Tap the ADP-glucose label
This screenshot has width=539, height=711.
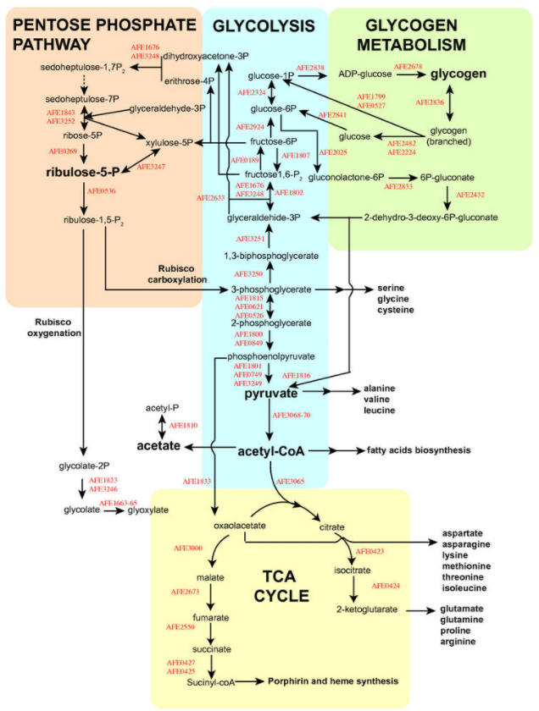pyautogui.click(x=364, y=74)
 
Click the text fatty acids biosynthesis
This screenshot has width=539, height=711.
pyautogui.click(x=418, y=450)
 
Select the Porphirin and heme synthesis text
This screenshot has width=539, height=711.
pyautogui.click(x=333, y=681)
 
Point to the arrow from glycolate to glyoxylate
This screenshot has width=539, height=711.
pyautogui.click(x=108, y=510)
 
